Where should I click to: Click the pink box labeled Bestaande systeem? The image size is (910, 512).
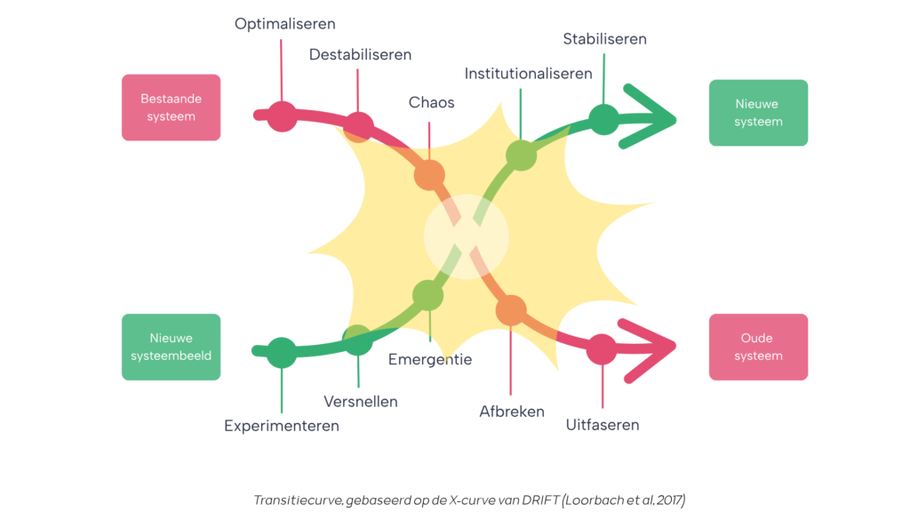coord(172,108)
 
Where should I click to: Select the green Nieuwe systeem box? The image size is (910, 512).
coord(758,113)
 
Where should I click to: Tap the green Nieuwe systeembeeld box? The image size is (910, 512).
coord(172,348)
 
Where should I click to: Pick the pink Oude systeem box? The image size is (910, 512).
coord(758,348)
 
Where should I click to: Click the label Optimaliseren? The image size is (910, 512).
coord(285,24)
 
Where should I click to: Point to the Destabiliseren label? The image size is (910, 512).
coord(360,54)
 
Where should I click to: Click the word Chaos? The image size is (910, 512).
coord(431,102)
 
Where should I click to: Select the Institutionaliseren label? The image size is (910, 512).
coord(528,74)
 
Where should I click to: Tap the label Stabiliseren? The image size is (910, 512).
coord(604,39)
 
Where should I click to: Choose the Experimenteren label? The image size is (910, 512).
coord(282,426)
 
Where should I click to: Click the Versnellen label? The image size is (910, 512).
coord(361,402)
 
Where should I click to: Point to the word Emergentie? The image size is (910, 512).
coord(430,359)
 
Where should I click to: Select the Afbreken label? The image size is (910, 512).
coord(512,412)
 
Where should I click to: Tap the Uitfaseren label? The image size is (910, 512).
coord(603,425)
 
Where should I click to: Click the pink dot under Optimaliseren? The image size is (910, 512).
coord(282,116)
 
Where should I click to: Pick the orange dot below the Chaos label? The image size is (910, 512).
coord(429,175)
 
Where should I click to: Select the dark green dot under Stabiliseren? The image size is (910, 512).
coord(603,120)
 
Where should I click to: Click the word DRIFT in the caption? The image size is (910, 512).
coord(540,500)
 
